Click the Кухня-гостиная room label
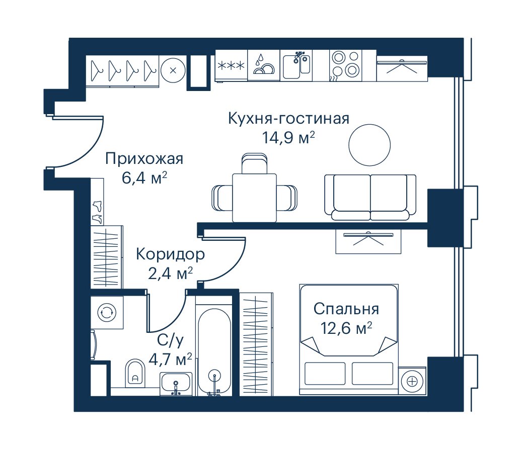(288, 118)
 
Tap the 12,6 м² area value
(346, 328)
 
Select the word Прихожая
(144, 159)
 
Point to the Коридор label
(170, 254)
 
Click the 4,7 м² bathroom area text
(170, 359)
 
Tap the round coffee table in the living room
(369, 145)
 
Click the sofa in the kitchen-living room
(370, 197)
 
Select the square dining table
(254, 198)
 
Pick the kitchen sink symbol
(296, 65)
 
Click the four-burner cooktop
(345, 65)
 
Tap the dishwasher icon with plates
(264, 65)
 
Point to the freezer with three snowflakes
(232, 65)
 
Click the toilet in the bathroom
(135, 373)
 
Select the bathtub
(214, 352)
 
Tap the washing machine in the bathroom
(107, 313)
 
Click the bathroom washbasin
(176, 384)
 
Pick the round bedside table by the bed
(412, 381)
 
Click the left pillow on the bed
(325, 373)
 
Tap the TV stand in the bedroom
(368, 241)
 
